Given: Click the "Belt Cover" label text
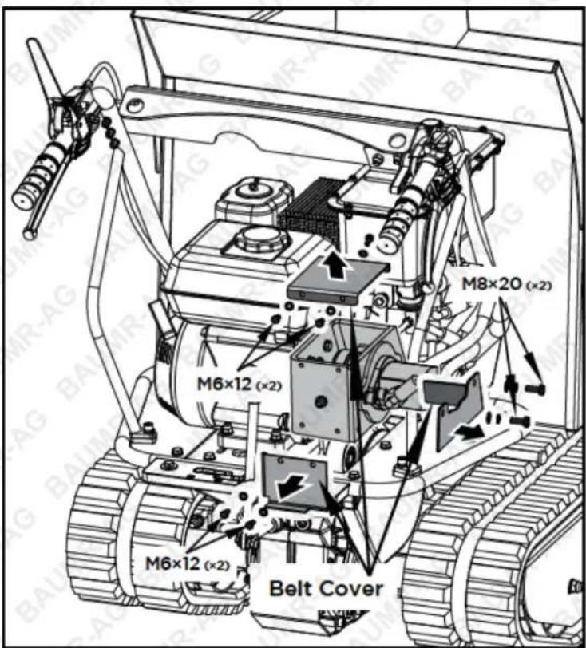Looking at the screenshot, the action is point(326,588).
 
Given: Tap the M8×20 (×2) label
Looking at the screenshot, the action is point(506,284).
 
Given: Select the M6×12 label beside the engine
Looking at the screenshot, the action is point(239,384).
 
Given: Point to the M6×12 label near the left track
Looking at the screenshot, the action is point(187,563).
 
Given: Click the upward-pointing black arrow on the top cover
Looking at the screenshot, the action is point(336,265).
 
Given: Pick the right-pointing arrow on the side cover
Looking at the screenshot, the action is point(469,433).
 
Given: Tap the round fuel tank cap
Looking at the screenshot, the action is point(257,239).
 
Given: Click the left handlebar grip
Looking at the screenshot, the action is point(39,179).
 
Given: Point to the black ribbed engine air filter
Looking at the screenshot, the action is point(310,209).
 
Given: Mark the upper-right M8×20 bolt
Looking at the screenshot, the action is point(535,389).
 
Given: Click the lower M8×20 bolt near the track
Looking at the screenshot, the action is point(521,421).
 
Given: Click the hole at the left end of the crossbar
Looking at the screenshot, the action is point(133,106).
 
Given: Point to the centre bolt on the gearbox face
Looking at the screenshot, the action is point(319,401).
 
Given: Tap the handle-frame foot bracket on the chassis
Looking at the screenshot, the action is point(144,435).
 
